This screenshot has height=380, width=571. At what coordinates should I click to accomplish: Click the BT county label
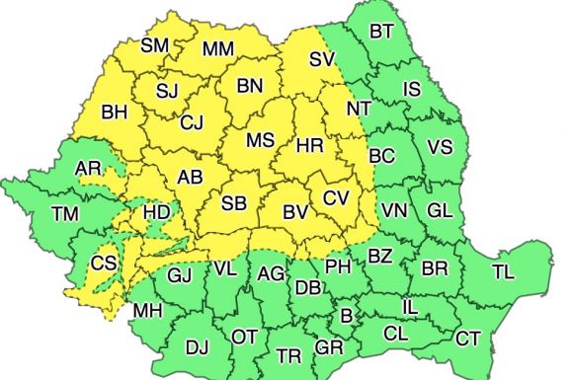click(381, 32)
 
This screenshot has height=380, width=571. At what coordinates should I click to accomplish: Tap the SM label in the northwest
click(155, 45)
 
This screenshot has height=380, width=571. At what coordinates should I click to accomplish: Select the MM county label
click(217, 49)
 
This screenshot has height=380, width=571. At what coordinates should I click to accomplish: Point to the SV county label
click(322, 59)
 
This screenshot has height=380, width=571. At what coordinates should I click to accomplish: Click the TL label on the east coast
click(503, 270)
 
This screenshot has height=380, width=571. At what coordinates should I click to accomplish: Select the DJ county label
click(198, 346)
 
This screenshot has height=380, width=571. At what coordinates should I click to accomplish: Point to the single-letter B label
click(346, 317)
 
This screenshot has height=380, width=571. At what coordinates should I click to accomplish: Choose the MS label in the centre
click(260, 140)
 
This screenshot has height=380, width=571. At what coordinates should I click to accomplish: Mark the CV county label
click(337, 197)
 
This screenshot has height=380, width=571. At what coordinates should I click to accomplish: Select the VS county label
click(441, 148)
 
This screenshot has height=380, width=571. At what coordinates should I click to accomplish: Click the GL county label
click(441, 210)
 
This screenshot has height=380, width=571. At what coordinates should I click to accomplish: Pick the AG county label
click(271, 275)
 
